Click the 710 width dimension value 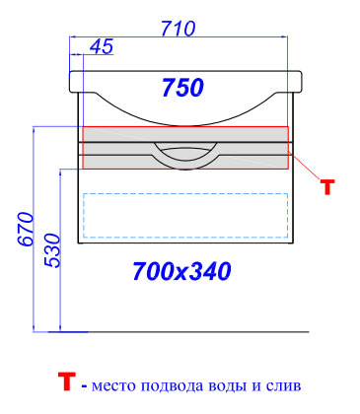179,29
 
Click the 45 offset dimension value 102,46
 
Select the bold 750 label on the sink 182,88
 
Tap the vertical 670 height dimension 26,229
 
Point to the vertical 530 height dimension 52,250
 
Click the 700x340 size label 181,271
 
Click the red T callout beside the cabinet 327,187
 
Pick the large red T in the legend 67,381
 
